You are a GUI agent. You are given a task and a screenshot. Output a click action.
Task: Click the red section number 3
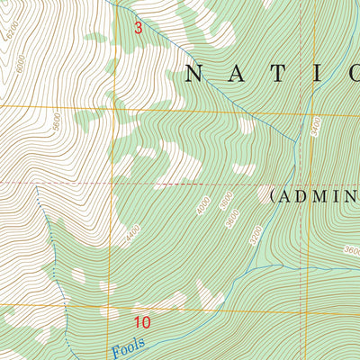tap(138, 28)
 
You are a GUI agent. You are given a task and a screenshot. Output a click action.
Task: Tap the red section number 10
tap(141, 321)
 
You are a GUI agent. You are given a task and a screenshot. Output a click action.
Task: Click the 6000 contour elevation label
tap(21, 65)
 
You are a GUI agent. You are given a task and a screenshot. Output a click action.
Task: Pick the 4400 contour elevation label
tap(135, 236)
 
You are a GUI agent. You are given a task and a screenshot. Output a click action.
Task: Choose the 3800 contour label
tap(227, 201)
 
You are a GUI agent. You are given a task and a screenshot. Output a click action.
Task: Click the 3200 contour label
tap(257, 235)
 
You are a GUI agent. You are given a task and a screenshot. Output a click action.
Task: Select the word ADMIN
tap(319, 196)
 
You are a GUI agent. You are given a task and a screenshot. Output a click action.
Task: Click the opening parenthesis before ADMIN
tap(272, 196)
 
